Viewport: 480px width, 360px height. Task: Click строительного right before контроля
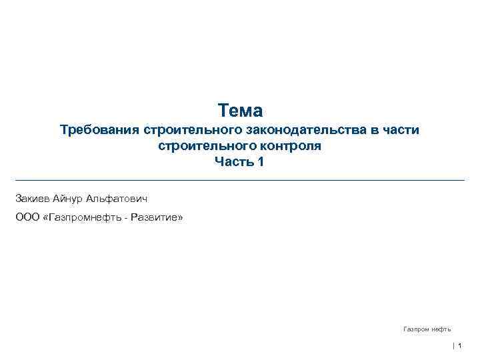(198, 146)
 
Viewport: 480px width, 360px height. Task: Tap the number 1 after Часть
(261, 162)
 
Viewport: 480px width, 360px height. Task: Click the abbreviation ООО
(27, 217)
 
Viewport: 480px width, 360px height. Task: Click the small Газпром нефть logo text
(427, 329)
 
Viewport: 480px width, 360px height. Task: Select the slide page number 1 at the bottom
(460, 345)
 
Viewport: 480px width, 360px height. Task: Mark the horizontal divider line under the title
(240, 180)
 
